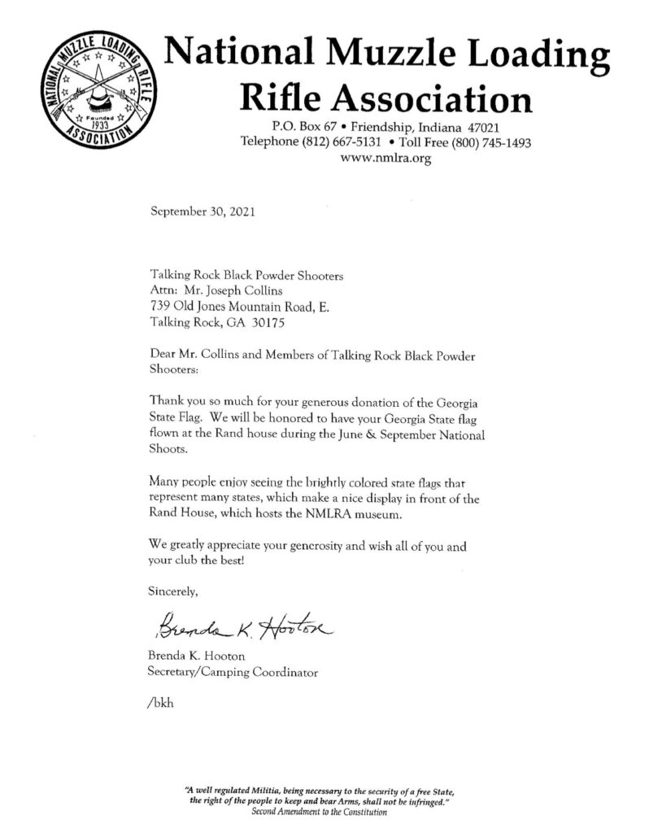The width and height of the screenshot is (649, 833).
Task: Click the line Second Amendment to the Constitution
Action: point(319,813)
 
